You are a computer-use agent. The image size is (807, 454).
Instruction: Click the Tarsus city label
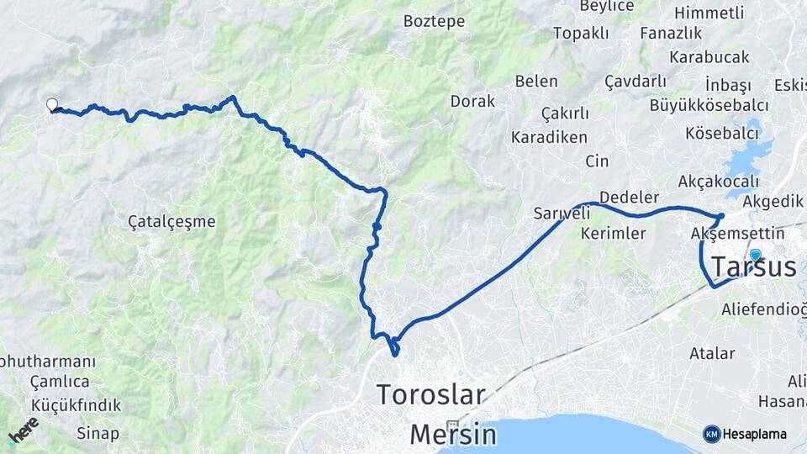753,267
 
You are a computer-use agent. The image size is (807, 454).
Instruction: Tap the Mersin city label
453,434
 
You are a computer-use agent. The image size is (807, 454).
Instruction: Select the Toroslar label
430,393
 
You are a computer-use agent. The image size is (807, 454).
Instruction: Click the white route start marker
52,105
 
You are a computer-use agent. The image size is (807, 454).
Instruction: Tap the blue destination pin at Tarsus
755,256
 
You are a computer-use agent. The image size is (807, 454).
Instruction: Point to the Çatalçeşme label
171,222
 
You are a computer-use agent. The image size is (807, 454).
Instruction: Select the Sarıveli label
562,214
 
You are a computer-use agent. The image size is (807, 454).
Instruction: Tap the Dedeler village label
629,197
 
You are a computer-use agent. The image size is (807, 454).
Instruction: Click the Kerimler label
613,233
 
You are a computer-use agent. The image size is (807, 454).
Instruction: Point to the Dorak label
472,101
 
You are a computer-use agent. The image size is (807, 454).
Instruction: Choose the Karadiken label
549,137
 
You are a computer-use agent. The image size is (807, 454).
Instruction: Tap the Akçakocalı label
718,181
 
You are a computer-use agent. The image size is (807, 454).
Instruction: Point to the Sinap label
98,434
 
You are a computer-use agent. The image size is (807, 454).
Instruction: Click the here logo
23,430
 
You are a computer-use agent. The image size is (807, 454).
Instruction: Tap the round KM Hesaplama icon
712,434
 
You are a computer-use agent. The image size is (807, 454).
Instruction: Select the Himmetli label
709,13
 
